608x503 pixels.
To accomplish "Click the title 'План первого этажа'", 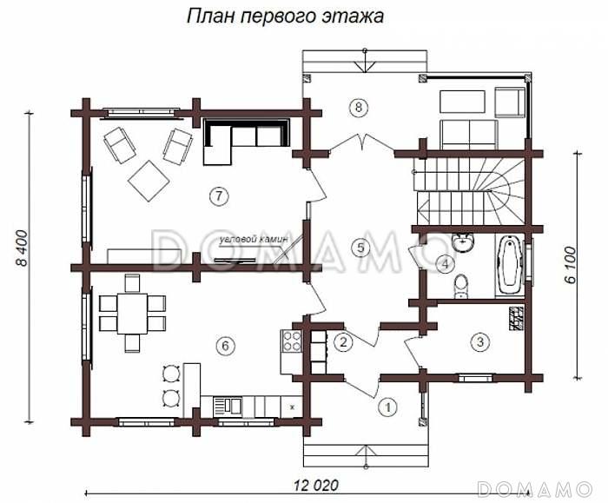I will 284,17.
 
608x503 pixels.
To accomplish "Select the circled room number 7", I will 217,196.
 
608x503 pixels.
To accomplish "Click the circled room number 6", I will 225,346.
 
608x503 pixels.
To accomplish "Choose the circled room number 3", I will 479,341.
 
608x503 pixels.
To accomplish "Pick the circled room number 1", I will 388,405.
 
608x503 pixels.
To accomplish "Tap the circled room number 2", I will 343,341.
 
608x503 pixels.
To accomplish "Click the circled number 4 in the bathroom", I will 444,263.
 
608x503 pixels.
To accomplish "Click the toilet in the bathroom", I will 462,284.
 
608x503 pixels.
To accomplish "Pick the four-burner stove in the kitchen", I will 291,340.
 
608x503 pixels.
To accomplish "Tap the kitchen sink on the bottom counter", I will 230,405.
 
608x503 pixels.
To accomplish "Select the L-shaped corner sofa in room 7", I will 242,140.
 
